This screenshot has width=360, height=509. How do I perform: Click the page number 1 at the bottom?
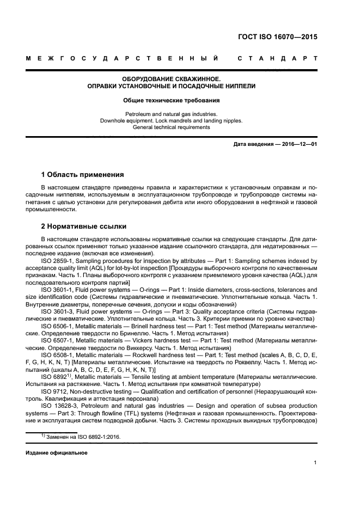pos(315,463)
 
